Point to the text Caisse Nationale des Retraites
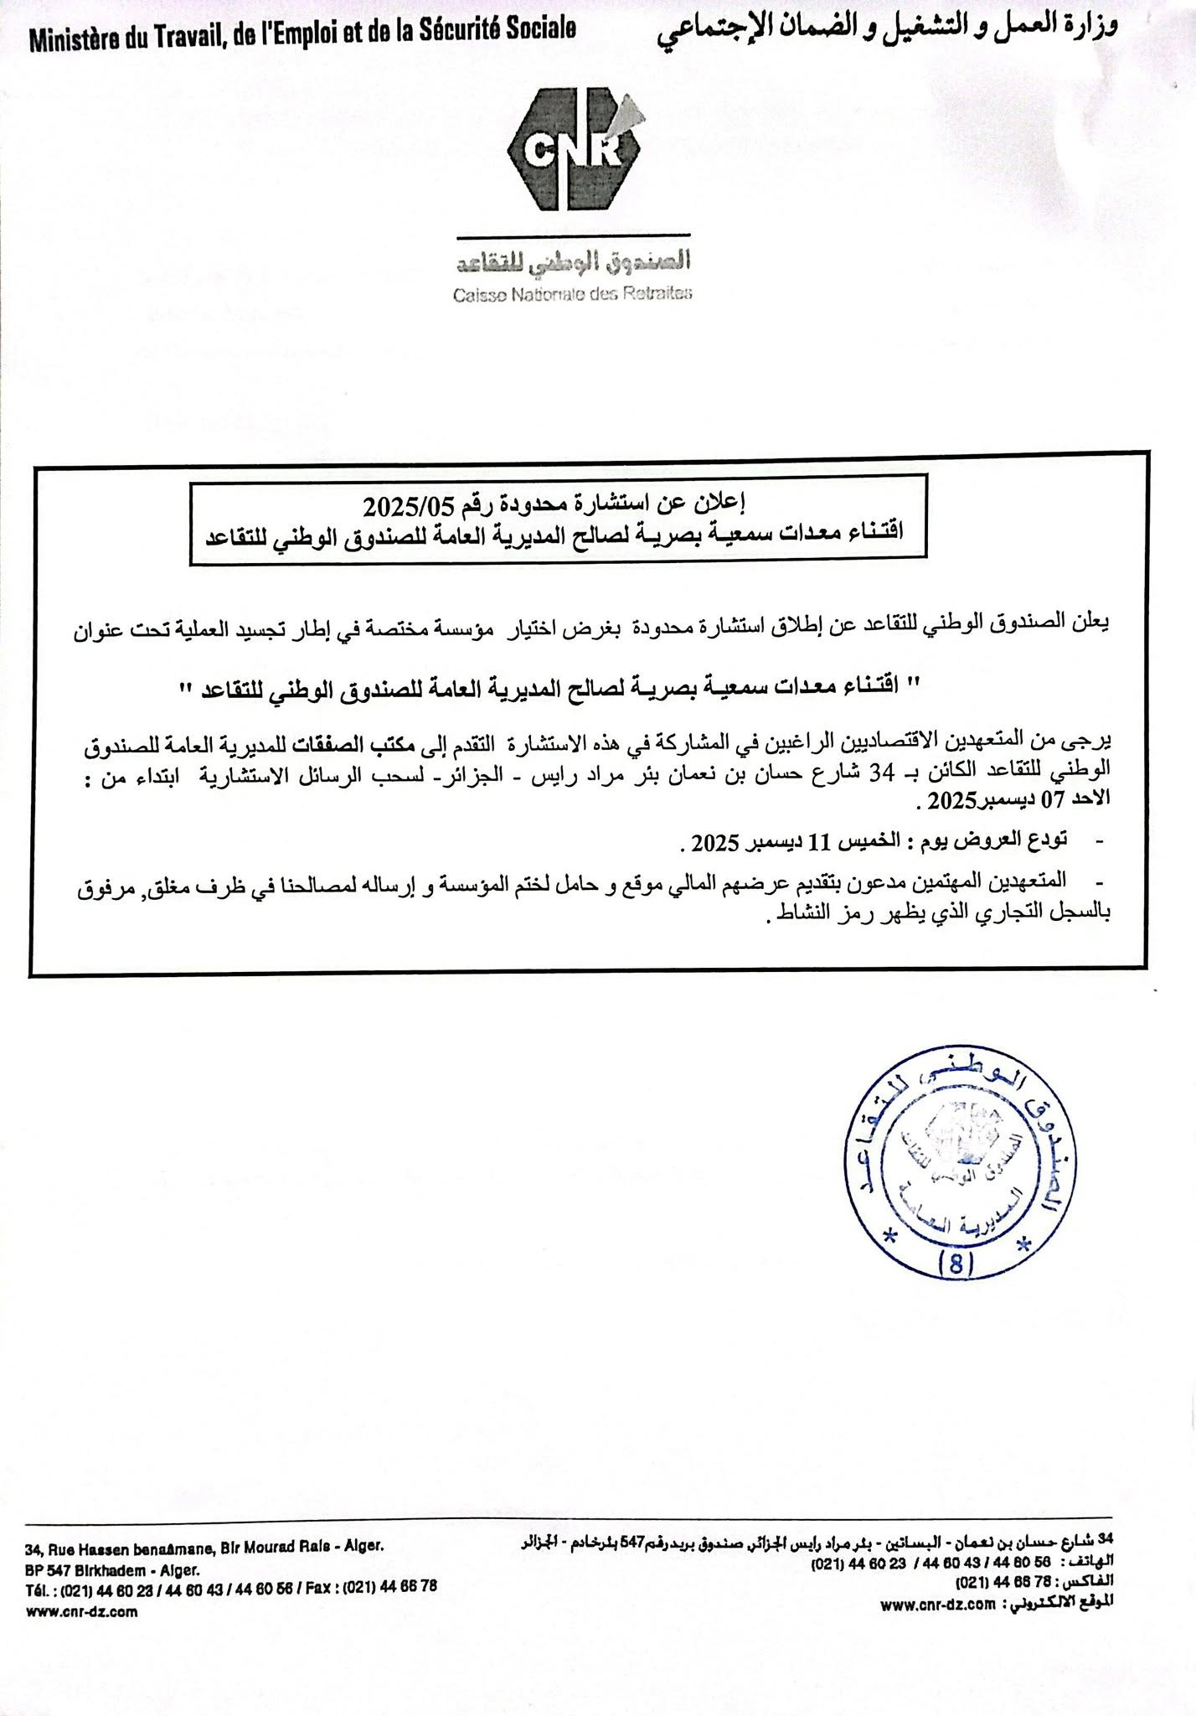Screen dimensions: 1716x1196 pyautogui.click(x=574, y=294)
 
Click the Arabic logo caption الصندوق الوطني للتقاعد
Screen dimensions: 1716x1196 pyautogui.click(x=574, y=265)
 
